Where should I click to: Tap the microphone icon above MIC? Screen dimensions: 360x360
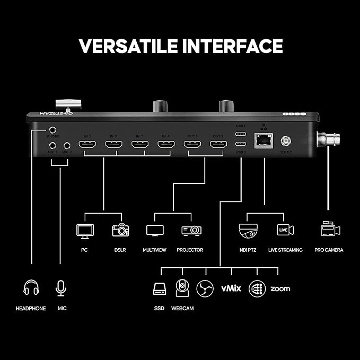click(61, 288)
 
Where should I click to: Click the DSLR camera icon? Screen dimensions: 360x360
click(120, 230)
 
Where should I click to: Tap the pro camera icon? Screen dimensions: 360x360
click(330, 230)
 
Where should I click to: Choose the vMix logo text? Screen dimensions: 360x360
click(231, 288)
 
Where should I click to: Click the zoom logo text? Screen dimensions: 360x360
click(280, 288)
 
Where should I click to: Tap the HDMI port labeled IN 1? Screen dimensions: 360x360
click(87, 144)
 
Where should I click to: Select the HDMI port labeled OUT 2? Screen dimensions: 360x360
click(218, 144)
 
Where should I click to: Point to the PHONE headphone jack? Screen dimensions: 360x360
click(53, 129)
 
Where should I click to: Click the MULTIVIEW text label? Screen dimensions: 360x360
click(155, 250)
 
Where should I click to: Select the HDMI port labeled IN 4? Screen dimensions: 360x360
click(165, 144)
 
